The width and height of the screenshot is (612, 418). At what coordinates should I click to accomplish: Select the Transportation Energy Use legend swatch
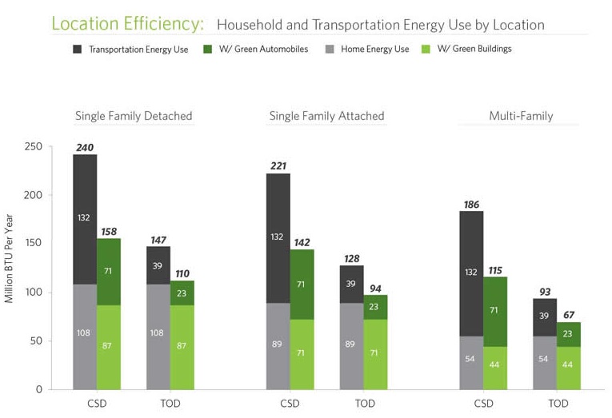pyautogui.click(x=78, y=49)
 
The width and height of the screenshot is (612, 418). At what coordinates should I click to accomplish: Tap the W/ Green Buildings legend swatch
pyautogui.click(x=426, y=49)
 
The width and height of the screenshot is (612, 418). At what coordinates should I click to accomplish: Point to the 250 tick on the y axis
pyautogui.click(x=33, y=146)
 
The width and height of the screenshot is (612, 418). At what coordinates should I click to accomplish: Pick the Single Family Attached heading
pyautogui.click(x=326, y=116)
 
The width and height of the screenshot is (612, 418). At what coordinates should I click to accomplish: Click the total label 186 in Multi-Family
pyautogui.click(x=471, y=205)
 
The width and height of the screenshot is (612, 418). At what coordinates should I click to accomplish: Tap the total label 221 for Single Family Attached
pyautogui.click(x=278, y=166)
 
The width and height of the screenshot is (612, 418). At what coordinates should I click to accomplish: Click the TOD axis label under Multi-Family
pyautogui.click(x=558, y=404)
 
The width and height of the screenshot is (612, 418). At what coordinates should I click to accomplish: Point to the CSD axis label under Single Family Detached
pyautogui.click(x=97, y=404)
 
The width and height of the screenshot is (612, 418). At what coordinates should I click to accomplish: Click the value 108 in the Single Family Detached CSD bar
pyautogui.click(x=83, y=332)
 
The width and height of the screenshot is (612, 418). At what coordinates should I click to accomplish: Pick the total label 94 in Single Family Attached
pyautogui.click(x=375, y=288)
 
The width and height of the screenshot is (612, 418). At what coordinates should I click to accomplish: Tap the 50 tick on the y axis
pyautogui.click(x=36, y=341)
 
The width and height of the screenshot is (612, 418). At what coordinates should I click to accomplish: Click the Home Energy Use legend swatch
pyautogui.click(x=330, y=49)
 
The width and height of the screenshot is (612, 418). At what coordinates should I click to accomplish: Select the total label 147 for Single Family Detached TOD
pyautogui.click(x=159, y=239)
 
